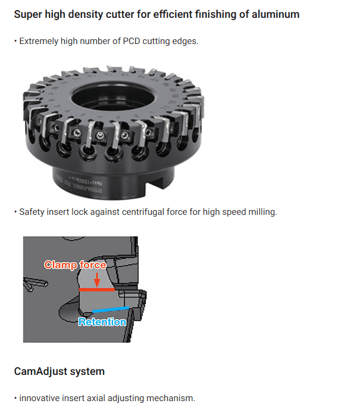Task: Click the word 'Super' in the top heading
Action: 27,14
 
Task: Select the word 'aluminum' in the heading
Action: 275,14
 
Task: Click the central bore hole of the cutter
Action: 110,95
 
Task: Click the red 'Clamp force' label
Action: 75,265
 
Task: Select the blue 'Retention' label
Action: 102,322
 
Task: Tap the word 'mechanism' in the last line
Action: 174,398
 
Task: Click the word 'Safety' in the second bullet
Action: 32,212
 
